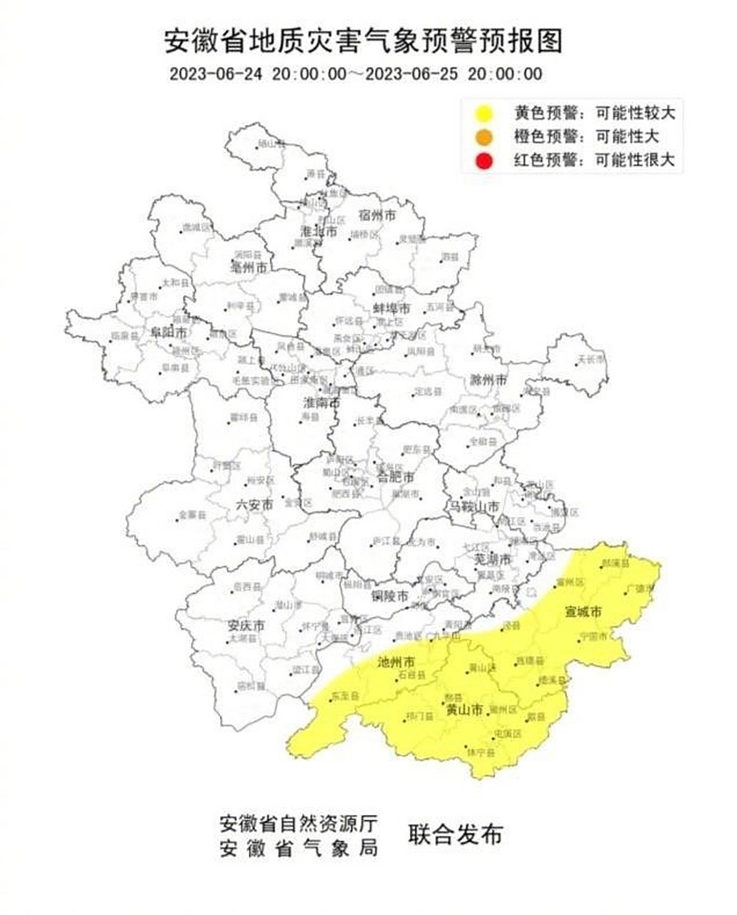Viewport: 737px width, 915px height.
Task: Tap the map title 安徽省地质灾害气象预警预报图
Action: pyautogui.click(x=364, y=41)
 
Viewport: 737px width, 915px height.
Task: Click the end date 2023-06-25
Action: pyautogui.click(x=410, y=74)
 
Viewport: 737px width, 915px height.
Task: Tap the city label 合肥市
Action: pyautogui.click(x=395, y=476)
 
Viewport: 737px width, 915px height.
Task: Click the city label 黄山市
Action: pyautogui.click(x=464, y=710)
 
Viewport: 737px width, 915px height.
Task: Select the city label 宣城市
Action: pyautogui.click(x=583, y=613)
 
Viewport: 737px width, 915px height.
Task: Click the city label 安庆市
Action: pyautogui.click(x=246, y=625)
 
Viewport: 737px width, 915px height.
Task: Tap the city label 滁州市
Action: pyautogui.click(x=488, y=379)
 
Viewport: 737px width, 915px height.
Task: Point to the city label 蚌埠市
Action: pyautogui.click(x=392, y=309)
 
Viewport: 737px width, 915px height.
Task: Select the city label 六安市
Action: pyautogui.click(x=254, y=504)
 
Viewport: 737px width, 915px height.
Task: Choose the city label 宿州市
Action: pyautogui.click(x=378, y=215)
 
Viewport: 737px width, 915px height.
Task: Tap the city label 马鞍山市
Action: pyautogui.click(x=474, y=506)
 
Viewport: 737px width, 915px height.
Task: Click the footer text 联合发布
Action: pyautogui.click(x=455, y=834)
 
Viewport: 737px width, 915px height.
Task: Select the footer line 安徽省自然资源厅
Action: pyautogui.click(x=298, y=823)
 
